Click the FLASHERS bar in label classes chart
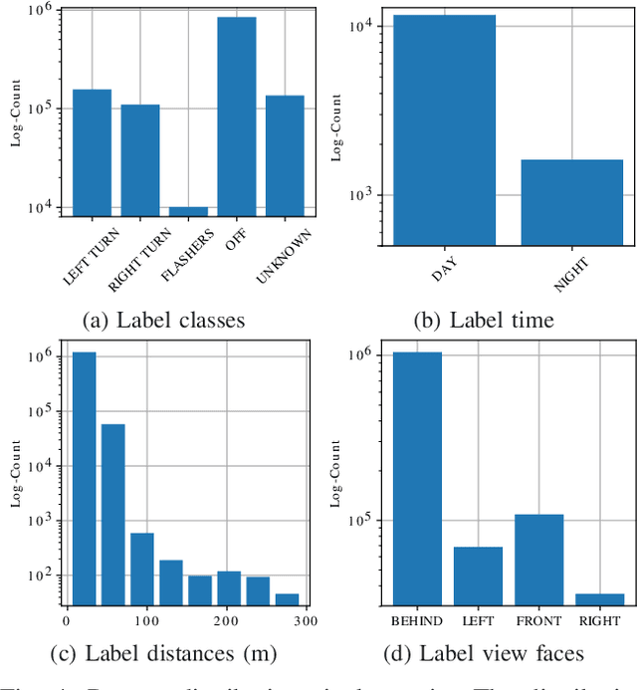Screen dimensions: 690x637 [x=188, y=212]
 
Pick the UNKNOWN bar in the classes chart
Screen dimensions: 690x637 [x=285, y=156]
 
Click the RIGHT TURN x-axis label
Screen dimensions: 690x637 [x=134, y=259]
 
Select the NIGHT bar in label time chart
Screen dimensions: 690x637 [x=571, y=202]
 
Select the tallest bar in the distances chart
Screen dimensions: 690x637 [x=84, y=478]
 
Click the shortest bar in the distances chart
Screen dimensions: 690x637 [x=287, y=598]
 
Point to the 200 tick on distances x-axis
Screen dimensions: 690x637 [x=227, y=621]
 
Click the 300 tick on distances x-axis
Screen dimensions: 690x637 [x=307, y=621]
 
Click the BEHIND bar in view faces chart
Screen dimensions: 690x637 [x=418, y=478]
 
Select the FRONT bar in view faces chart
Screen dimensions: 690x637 [x=539, y=559]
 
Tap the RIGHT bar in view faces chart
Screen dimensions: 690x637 [x=600, y=598]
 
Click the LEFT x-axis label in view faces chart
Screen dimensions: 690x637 [x=479, y=621]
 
